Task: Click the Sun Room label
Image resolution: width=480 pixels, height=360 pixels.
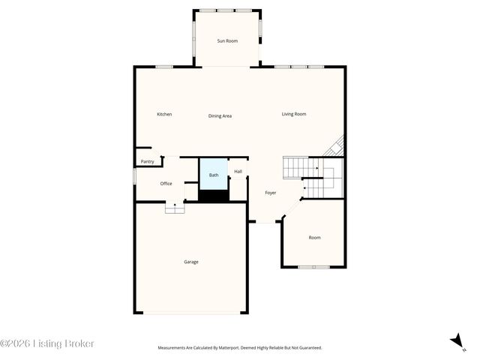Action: click(227, 40)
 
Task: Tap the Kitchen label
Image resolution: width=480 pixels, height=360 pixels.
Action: click(164, 114)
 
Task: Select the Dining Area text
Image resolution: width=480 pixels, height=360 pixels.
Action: click(220, 115)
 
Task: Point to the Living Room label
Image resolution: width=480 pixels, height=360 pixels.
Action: click(294, 114)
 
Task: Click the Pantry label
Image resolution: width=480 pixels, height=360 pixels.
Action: click(148, 161)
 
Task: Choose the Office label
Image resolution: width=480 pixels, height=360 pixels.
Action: click(166, 183)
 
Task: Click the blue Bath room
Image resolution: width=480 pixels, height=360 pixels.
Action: click(214, 175)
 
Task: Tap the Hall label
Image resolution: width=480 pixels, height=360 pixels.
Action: click(238, 172)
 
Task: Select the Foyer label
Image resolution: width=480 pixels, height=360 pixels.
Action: click(271, 193)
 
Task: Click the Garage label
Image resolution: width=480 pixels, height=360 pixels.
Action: click(191, 262)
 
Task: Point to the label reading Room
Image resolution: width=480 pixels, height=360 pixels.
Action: click(314, 238)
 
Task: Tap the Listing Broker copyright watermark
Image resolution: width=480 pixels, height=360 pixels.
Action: click(47, 343)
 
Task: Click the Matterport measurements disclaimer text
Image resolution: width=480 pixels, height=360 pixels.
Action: click(239, 348)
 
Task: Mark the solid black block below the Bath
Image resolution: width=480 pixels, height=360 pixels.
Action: click(213, 196)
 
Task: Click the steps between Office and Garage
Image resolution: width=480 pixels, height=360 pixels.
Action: click(175, 209)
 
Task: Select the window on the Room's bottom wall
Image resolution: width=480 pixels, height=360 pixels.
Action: click(313, 267)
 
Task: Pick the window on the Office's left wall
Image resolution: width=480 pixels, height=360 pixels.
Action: click(135, 175)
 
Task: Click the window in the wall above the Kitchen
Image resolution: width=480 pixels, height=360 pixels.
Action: click(164, 67)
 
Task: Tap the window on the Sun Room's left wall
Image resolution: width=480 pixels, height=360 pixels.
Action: click(194, 37)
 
